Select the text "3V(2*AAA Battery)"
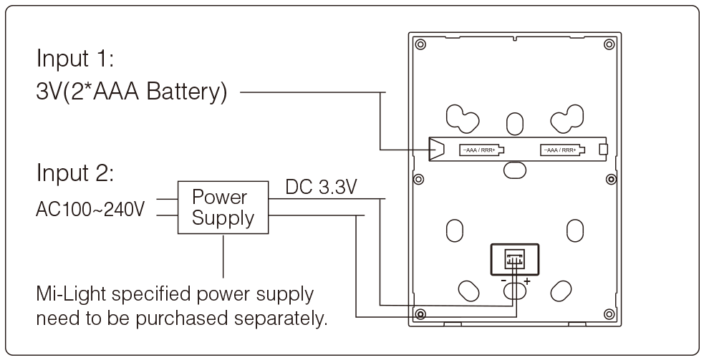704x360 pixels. pos(132,93)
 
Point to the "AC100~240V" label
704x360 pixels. pos(90,210)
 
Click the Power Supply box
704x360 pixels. pos(223,208)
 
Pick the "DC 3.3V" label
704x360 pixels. pos(322,188)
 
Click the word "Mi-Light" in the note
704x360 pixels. pos(65,295)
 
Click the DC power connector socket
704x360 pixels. pos(513,258)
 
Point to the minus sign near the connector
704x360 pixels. pos(503,281)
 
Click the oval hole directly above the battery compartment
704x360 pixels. pos(514,122)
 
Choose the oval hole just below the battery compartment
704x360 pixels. pos(513,169)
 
